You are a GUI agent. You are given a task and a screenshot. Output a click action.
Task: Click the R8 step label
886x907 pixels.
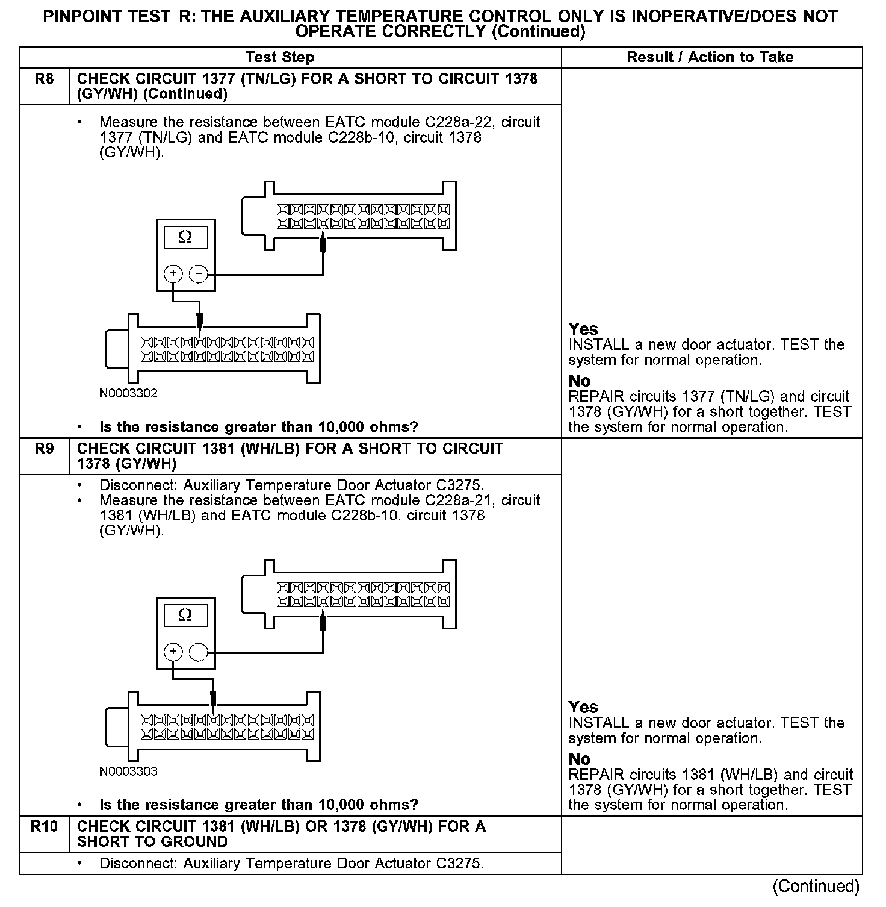tap(44, 79)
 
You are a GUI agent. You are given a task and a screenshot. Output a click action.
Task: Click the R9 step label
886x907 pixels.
tap(44, 449)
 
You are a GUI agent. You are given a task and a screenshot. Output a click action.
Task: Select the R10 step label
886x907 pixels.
tap(44, 826)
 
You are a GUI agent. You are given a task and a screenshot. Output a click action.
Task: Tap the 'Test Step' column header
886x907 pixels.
tap(279, 57)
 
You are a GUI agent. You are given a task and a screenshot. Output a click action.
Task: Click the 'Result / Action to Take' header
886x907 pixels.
tap(710, 57)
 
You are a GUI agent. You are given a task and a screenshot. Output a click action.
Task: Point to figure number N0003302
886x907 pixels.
tap(129, 394)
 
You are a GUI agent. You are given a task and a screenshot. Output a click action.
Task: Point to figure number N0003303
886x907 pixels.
tap(129, 771)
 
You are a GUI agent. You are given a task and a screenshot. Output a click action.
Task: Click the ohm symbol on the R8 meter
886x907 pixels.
tap(185, 237)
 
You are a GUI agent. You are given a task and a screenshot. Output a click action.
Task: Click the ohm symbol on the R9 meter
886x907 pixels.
tap(185, 615)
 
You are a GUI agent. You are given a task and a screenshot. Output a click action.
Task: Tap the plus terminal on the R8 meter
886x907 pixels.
tap(173, 274)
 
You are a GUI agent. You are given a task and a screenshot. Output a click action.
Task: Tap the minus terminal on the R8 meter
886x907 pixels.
tap(199, 275)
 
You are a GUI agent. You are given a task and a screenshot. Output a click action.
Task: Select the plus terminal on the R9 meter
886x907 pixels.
tap(173, 652)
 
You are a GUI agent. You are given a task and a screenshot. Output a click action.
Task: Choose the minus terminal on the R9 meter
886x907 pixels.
tap(199, 652)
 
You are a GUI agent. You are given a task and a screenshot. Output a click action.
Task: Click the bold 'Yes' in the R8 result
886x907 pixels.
tap(583, 329)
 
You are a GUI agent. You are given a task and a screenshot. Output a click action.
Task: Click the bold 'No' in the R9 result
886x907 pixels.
tap(580, 759)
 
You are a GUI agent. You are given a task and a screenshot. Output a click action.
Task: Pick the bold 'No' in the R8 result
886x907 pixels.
tap(580, 381)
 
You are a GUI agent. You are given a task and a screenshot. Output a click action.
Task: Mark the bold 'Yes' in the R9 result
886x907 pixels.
tap(583, 707)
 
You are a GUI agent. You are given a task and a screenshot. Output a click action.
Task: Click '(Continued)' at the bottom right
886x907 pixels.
tap(816, 886)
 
